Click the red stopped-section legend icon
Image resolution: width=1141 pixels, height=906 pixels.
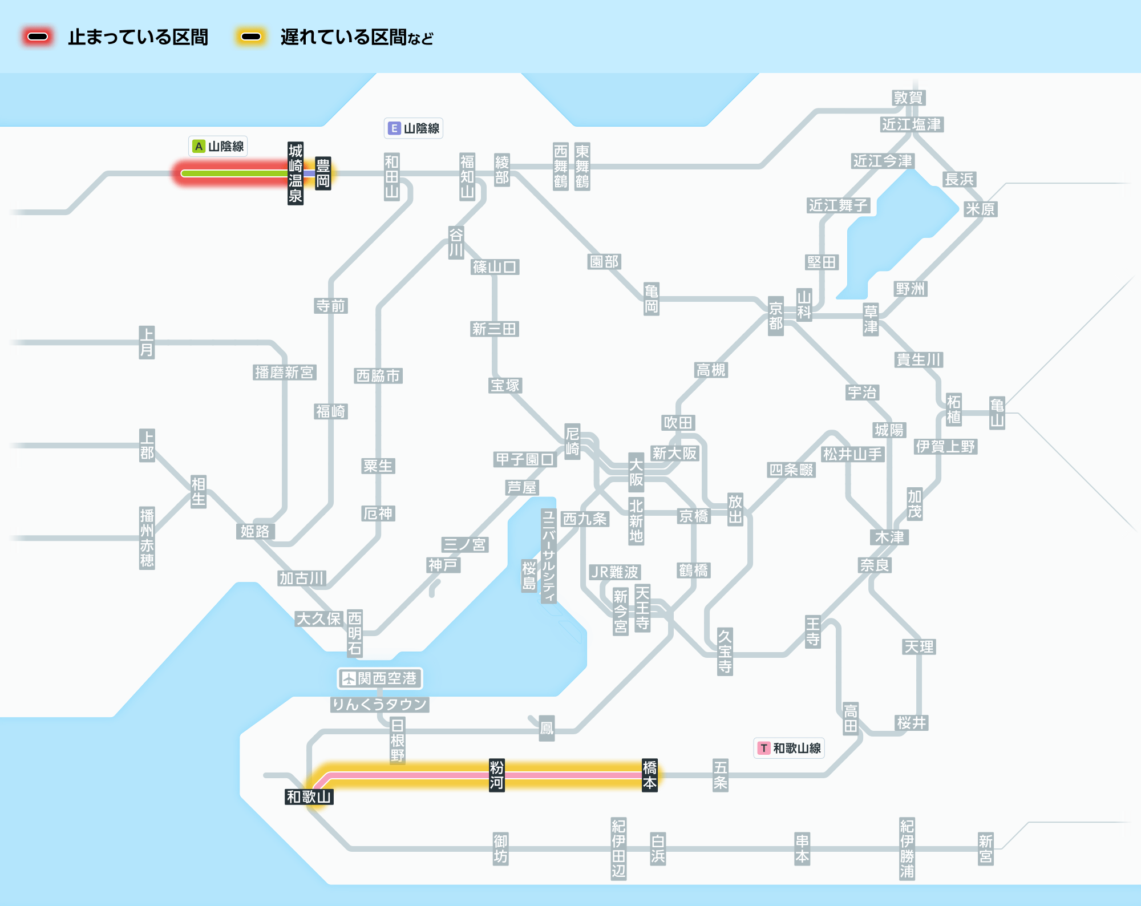pos(38,37)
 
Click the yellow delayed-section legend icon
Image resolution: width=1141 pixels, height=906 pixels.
pos(250,37)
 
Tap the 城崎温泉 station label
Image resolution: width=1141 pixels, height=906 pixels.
pos(295,173)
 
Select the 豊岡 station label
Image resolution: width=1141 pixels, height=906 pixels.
pos(323,173)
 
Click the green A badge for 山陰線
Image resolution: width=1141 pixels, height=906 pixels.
pos(199,147)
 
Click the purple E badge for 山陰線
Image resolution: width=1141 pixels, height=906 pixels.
pos(394,128)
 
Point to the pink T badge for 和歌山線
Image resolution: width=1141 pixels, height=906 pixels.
pos(763,748)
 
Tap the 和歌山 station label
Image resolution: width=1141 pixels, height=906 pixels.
pos(309,796)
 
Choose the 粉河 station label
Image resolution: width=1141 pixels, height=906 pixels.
pos(496,775)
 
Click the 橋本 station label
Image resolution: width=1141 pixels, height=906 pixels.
pos(649,775)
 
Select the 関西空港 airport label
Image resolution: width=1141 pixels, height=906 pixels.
pos(386,678)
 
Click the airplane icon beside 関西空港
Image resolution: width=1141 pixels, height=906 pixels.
pos(349,678)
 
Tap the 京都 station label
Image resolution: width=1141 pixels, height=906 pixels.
pos(775,316)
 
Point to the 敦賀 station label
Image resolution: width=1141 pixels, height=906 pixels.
pos(908,98)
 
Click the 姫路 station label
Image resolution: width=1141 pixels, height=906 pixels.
pos(254,531)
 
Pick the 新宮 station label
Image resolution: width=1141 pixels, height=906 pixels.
pos(985,849)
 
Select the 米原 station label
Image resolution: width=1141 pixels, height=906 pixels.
pos(980,209)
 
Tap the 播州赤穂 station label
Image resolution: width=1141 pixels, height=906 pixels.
pos(147,537)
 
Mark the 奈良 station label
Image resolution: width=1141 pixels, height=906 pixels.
pos(875,565)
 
